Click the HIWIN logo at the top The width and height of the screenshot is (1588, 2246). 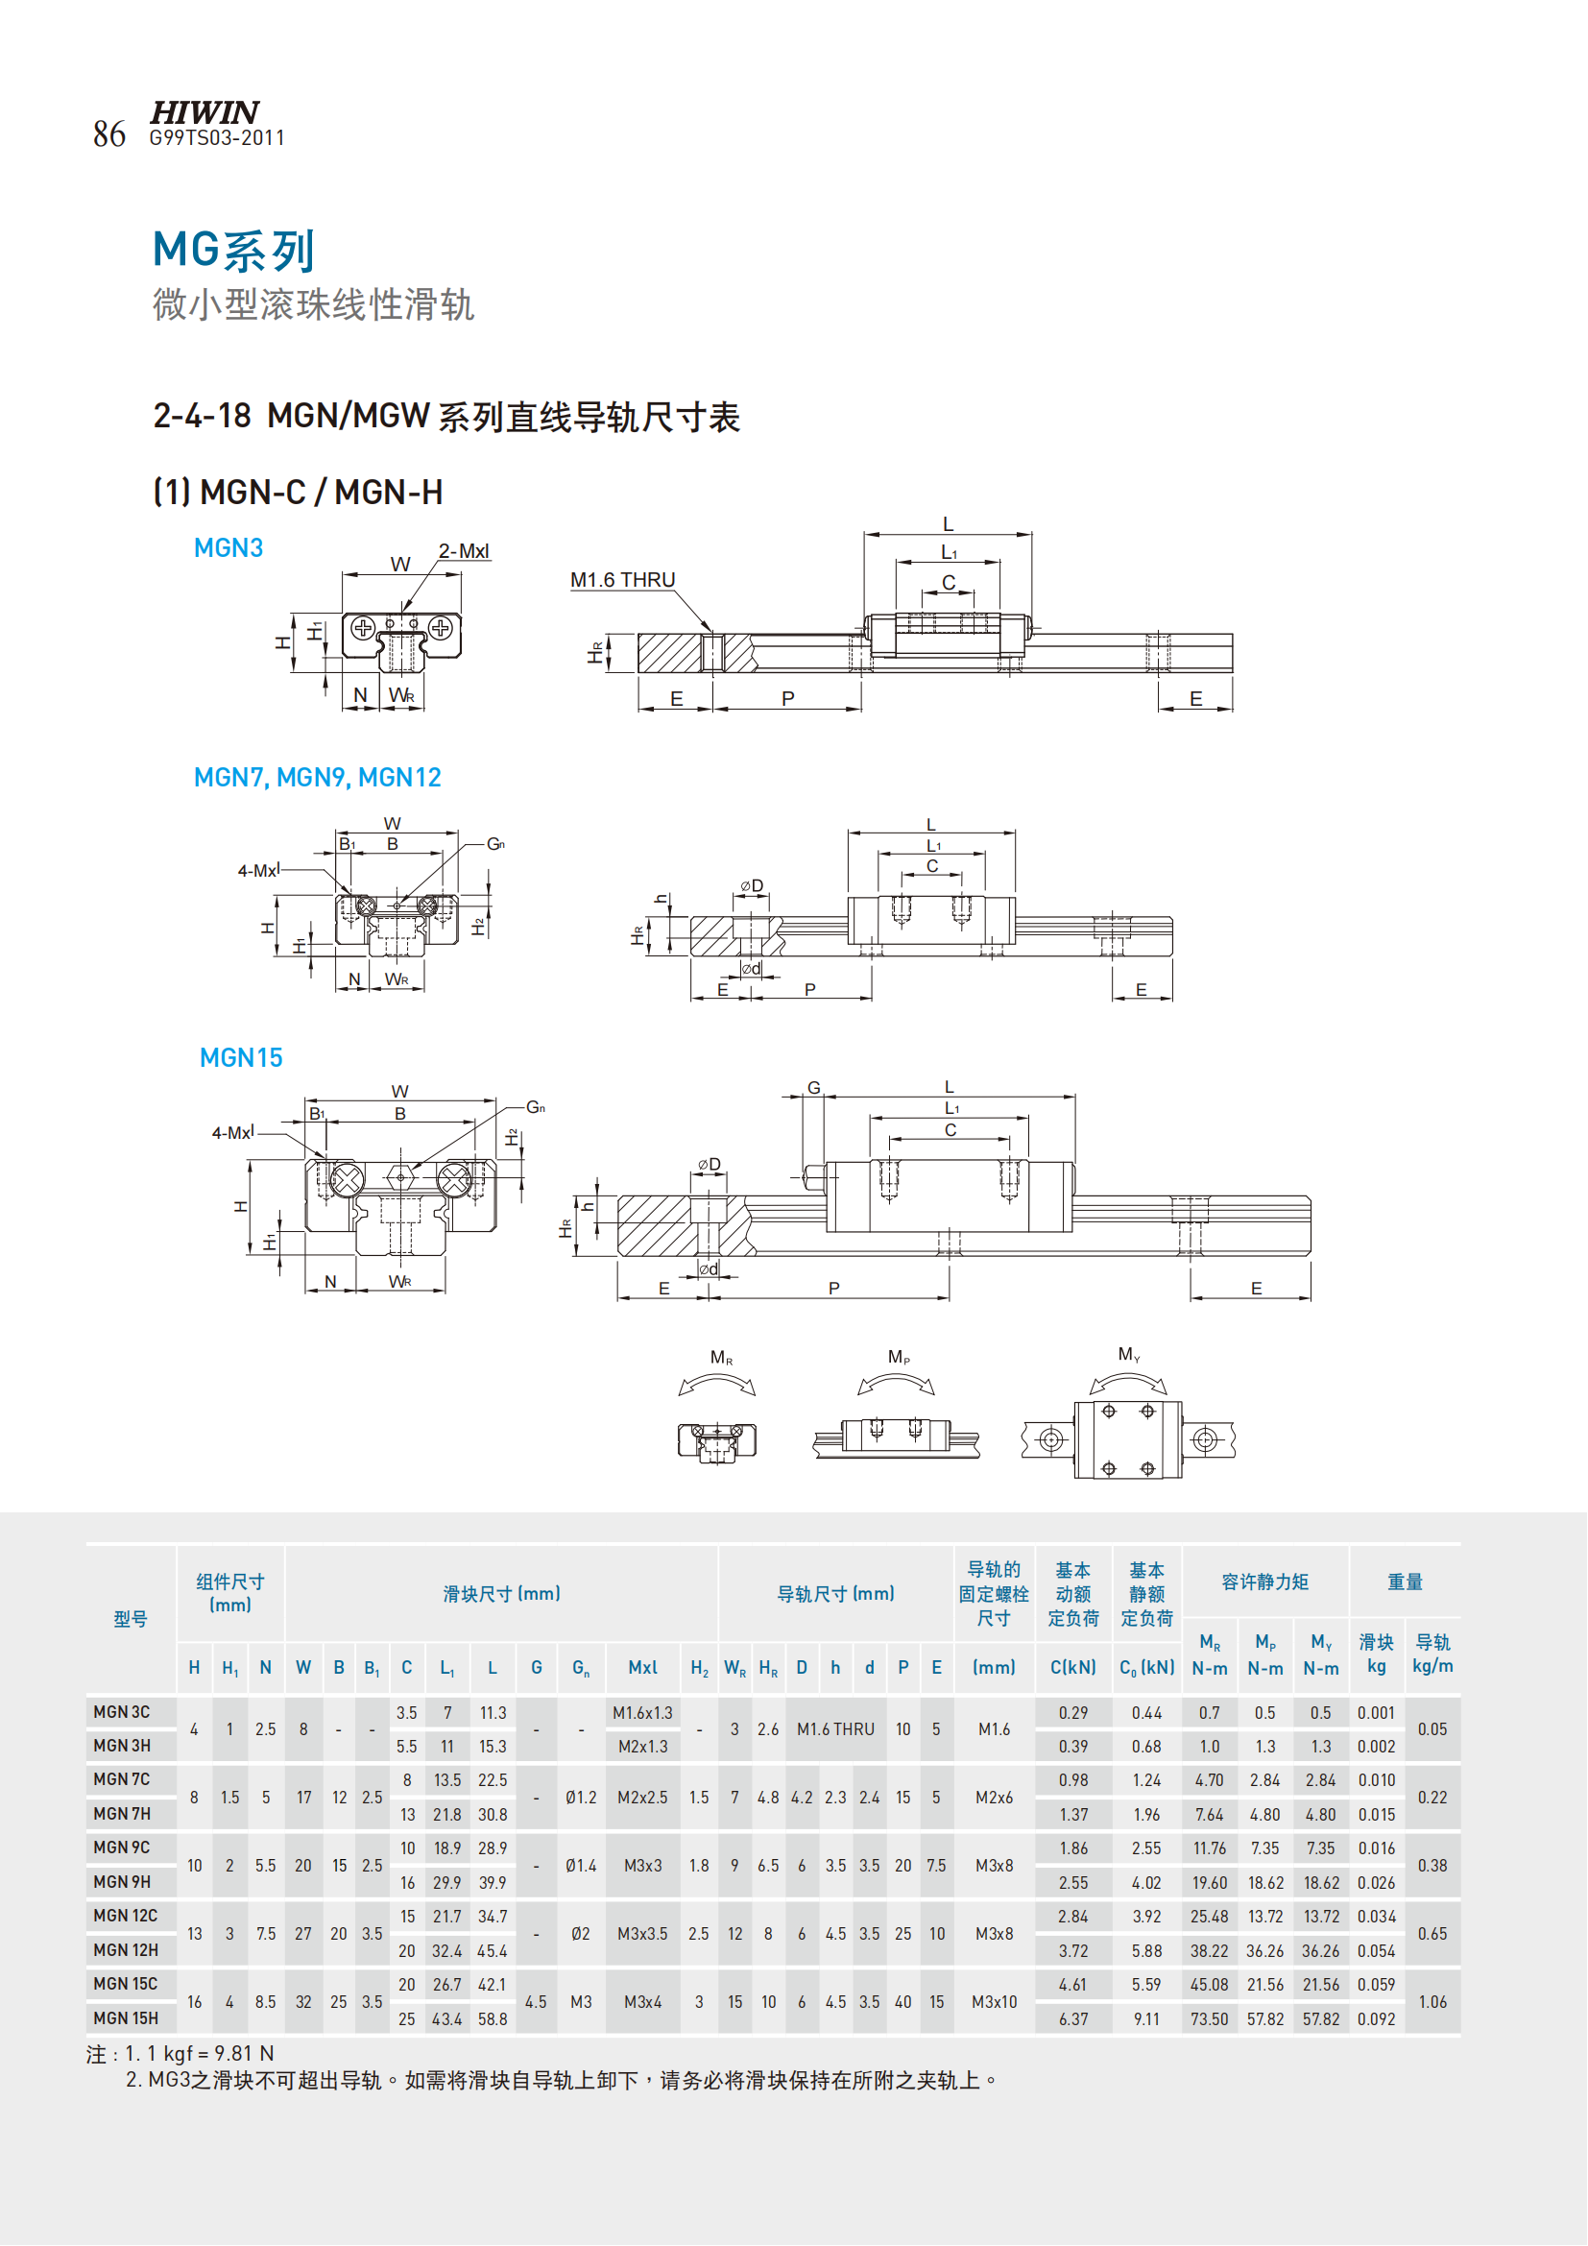click(205, 111)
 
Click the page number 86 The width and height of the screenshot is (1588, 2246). click(109, 134)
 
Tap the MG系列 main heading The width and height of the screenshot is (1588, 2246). click(233, 251)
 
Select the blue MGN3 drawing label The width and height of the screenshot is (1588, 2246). click(229, 547)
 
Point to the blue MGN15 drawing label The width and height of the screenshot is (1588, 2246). click(241, 1057)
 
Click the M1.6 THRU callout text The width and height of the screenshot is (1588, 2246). click(623, 580)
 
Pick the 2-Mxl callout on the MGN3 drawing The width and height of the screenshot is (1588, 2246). click(464, 551)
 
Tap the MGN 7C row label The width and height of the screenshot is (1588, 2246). click(122, 1779)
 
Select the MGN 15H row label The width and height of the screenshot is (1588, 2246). click(126, 2018)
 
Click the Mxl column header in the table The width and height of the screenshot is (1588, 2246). click(642, 1668)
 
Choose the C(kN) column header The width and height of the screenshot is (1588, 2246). click(1073, 1668)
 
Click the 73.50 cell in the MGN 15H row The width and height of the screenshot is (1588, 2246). click(1210, 2019)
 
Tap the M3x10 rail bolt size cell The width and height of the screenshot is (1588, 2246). click(995, 2001)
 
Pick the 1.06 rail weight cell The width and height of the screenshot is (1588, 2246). click(1432, 2001)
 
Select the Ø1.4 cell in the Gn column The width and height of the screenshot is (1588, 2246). click(581, 1866)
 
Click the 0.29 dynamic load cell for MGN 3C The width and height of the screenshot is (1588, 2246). click(1073, 1713)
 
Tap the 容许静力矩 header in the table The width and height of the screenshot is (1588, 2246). click(1265, 1582)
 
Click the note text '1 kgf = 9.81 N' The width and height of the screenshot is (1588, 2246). click(200, 2053)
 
